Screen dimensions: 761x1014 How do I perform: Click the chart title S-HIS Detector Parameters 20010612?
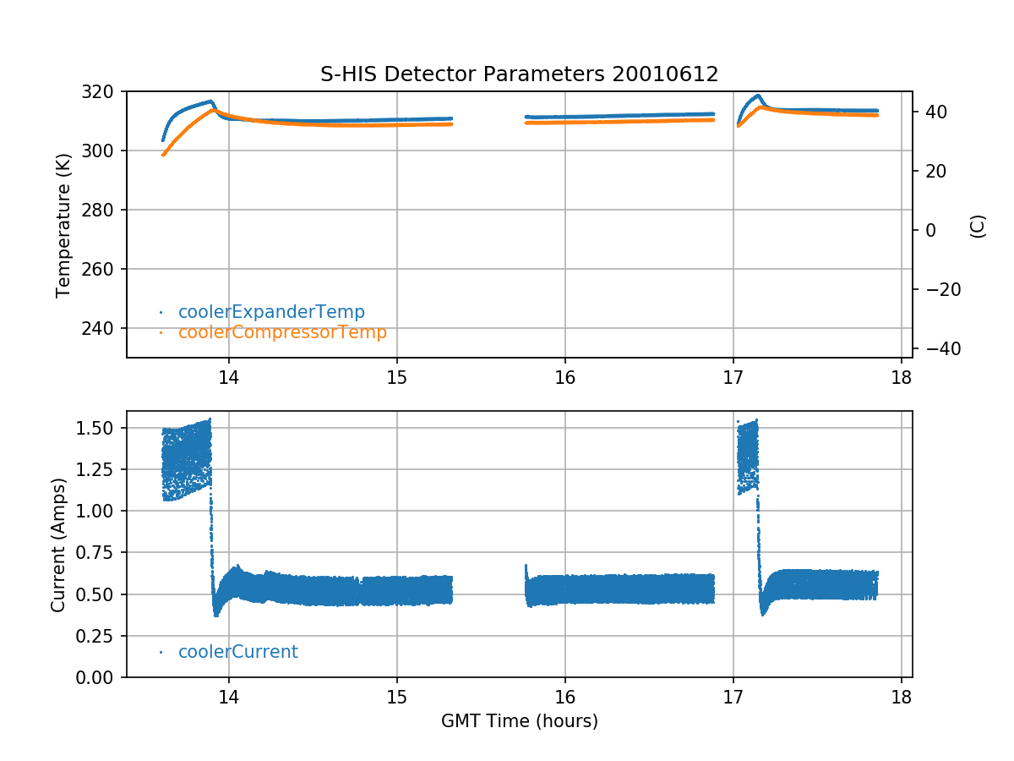click(x=519, y=74)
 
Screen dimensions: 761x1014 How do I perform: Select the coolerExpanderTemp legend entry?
click(x=271, y=312)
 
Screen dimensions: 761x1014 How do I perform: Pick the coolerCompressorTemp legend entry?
click(x=282, y=332)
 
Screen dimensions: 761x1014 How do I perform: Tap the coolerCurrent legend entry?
click(x=237, y=652)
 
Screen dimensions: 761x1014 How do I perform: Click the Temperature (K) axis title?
click(x=63, y=223)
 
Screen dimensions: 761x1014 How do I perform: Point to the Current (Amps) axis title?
click(x=57, y=544)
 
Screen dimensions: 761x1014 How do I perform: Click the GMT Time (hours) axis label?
click(x=519, y=721)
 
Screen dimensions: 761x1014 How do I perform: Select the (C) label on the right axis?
click(x=978, y=226)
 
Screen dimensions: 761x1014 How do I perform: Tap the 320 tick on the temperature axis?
click(x=106, y=91)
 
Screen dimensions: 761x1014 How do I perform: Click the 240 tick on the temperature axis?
click(x=106, y=328)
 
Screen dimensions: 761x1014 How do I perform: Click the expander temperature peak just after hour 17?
click(x=758, y=96)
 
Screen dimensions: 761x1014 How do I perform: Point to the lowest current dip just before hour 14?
click(x=216, y=615)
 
